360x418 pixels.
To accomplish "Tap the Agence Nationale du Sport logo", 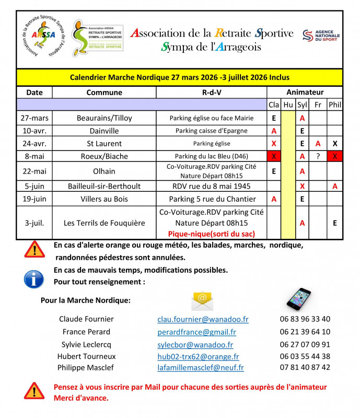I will [321, 36].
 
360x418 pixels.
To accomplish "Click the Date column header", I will [34, 92].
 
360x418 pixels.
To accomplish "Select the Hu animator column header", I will [288, 105].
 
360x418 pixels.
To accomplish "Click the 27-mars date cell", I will [34, 118].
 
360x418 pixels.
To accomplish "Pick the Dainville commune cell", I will [104, 131].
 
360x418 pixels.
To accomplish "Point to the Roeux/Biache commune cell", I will [104, 156].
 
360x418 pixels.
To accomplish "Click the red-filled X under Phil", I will [335, 156].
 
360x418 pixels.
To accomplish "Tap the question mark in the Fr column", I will [318, 156].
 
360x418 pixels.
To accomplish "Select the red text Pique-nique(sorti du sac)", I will [211, 234].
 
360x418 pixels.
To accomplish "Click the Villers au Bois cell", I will [104, 199].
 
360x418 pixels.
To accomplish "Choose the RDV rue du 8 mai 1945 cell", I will [211, 185].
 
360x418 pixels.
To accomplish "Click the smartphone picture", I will [298, 298].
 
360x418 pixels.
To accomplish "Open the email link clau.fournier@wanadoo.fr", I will [203, 319].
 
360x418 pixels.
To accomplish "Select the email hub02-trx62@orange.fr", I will [198, 356].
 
